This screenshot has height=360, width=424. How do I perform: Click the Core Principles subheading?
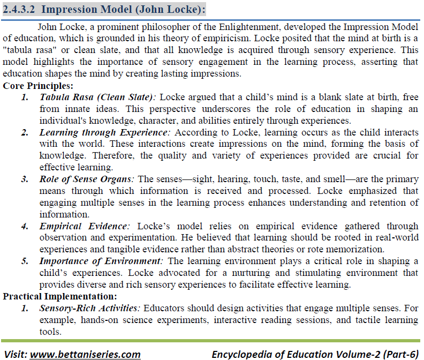[39, 86]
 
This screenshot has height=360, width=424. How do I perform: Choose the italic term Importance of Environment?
[101, 261]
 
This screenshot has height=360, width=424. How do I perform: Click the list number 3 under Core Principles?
[25, 179]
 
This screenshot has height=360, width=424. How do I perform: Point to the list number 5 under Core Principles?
[25, 261]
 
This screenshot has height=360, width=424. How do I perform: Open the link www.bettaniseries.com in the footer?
[85, 354]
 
